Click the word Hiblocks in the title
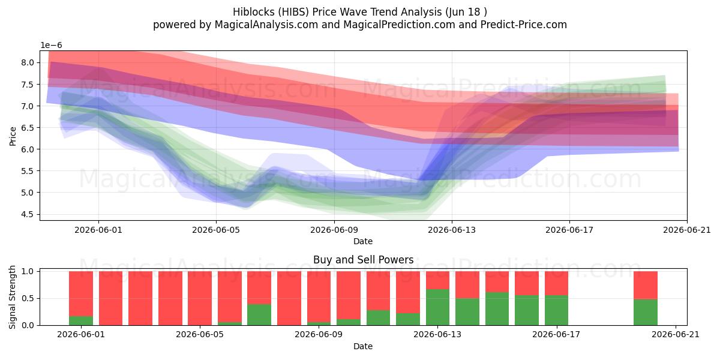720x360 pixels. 254,12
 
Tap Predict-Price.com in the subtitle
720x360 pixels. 524,25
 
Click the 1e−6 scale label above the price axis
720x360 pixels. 51,46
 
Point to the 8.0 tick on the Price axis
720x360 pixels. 28,62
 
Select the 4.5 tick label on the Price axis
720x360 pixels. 28,214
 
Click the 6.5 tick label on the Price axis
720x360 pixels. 28,128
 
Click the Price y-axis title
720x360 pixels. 13,136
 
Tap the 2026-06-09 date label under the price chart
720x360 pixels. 334,230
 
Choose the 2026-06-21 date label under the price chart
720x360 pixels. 687,230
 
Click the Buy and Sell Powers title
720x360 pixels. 363,260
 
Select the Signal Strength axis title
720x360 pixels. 13,298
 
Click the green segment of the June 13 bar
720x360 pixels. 438,307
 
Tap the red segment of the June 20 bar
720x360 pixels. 646,286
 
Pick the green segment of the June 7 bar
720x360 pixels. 259,314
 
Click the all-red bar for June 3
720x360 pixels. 140,298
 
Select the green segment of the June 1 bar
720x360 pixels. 81,321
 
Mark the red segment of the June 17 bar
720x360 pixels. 556,283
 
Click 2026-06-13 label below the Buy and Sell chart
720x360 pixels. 437,335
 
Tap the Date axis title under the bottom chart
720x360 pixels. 363,346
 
